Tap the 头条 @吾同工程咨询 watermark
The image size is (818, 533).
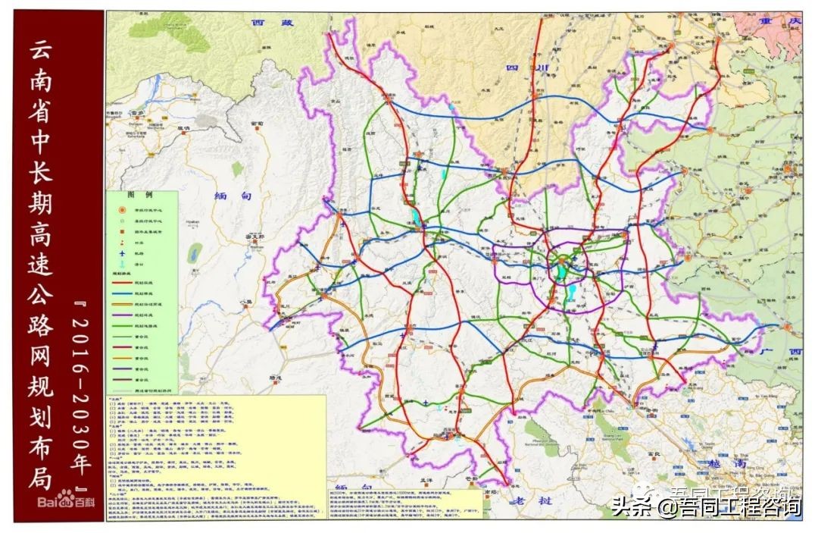[x=705, y=506]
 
